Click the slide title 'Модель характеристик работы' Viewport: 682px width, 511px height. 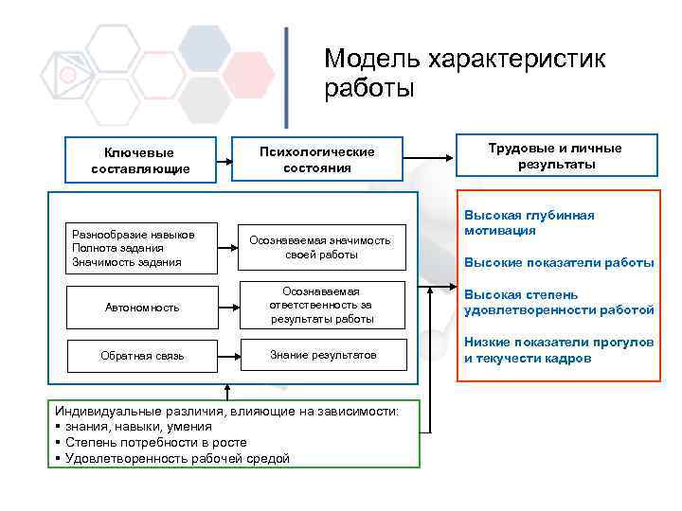tap(463, 73)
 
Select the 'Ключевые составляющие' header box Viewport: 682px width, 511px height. tap(140, 160)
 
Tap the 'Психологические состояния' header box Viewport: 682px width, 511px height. tap(317, 159)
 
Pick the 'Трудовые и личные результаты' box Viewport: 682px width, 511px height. tap(555, 156)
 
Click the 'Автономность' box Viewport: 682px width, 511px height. tap(141, 308)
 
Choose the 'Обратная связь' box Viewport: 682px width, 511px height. tap(141, 356)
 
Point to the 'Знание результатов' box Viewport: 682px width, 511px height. tap(323, 355)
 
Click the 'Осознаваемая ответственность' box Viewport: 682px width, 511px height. tap(322, 305)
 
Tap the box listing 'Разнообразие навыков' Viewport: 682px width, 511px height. tap(134, 248)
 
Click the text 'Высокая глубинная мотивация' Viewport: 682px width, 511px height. tap(529, 222)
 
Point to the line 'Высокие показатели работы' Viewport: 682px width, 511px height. tap(558, 262)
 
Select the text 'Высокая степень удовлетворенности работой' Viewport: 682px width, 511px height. tap(558, 302)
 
